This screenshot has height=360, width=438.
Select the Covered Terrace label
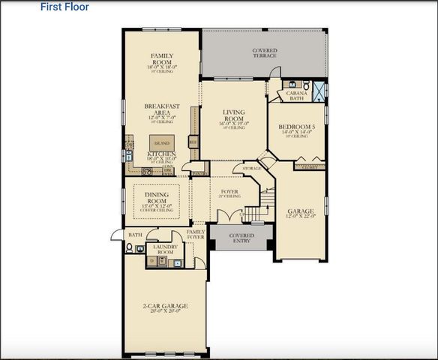tap(264, 53)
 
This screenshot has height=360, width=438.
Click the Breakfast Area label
tap(161, 110)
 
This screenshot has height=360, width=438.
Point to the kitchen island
tap(161, 141)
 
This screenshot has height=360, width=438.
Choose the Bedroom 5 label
tap(298, 128)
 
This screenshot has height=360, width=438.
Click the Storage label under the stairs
tap(252, 169)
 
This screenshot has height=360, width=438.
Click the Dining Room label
tap(157, 198)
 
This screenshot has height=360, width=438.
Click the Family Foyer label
tap(196, 235)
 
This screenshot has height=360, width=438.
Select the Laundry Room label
tap(163, 250)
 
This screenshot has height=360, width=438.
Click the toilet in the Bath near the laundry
tap(130, 248)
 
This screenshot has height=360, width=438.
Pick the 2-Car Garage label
tap(165, 307)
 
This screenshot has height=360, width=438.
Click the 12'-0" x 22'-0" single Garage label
tap(300, 214)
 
